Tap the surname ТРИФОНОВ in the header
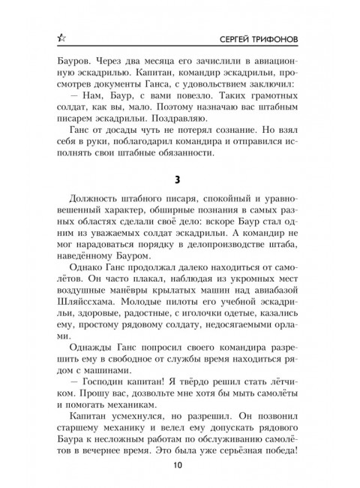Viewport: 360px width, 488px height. [292, 36]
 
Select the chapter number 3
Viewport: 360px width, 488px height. [180, 182]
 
